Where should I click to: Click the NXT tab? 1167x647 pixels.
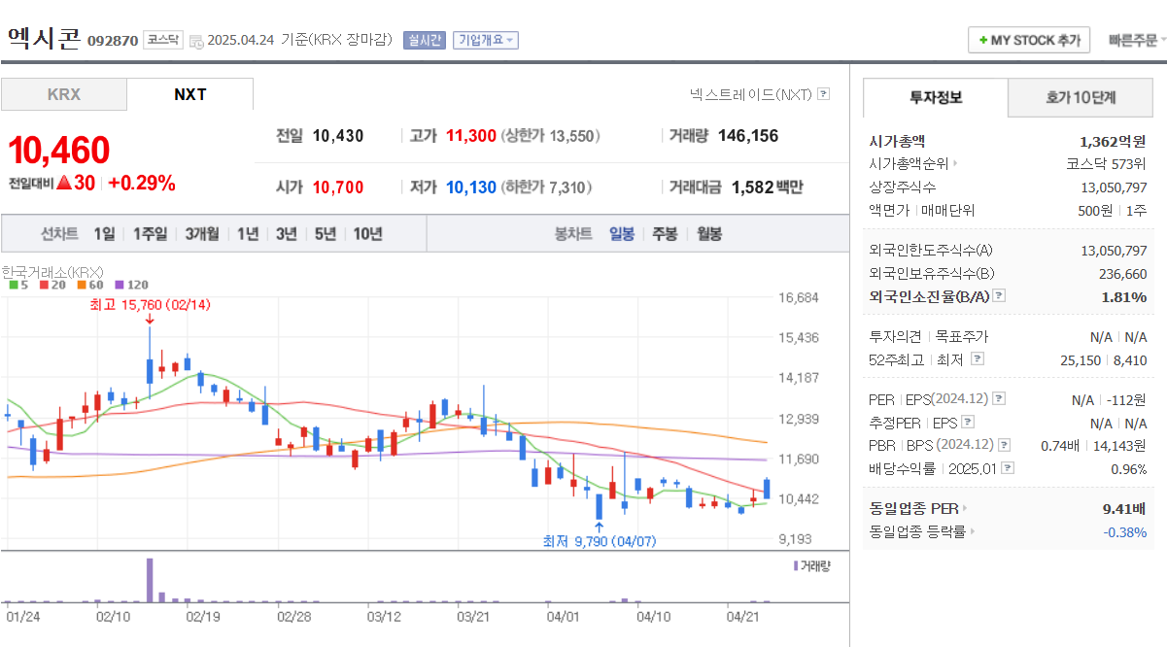tap(189, 94)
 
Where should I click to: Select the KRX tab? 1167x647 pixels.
tap(64, 94)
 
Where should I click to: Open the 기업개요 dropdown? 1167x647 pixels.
tap(485, 40)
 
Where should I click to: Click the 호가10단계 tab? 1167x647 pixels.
tap(1081, 97)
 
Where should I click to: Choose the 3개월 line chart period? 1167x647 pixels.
tap(202, 233)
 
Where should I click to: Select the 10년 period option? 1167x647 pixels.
tap(367, 233)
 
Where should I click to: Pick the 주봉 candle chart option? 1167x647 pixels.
tap(665, 233)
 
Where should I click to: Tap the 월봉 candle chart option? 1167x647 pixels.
tap(709, 233)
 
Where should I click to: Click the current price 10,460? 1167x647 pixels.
tap(59, 151)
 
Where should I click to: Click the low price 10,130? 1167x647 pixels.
tap(471, 187)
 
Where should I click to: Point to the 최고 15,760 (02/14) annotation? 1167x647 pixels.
tap(150, 304)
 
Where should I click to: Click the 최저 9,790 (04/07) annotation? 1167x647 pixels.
tap(599, 541)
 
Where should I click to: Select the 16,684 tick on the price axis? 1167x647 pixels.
tap(799, 297)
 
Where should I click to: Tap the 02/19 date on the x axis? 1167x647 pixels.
tap(202, 616)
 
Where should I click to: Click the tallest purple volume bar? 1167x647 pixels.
tap(150, 580)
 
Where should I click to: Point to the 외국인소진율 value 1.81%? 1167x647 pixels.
tap(1123, 296)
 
